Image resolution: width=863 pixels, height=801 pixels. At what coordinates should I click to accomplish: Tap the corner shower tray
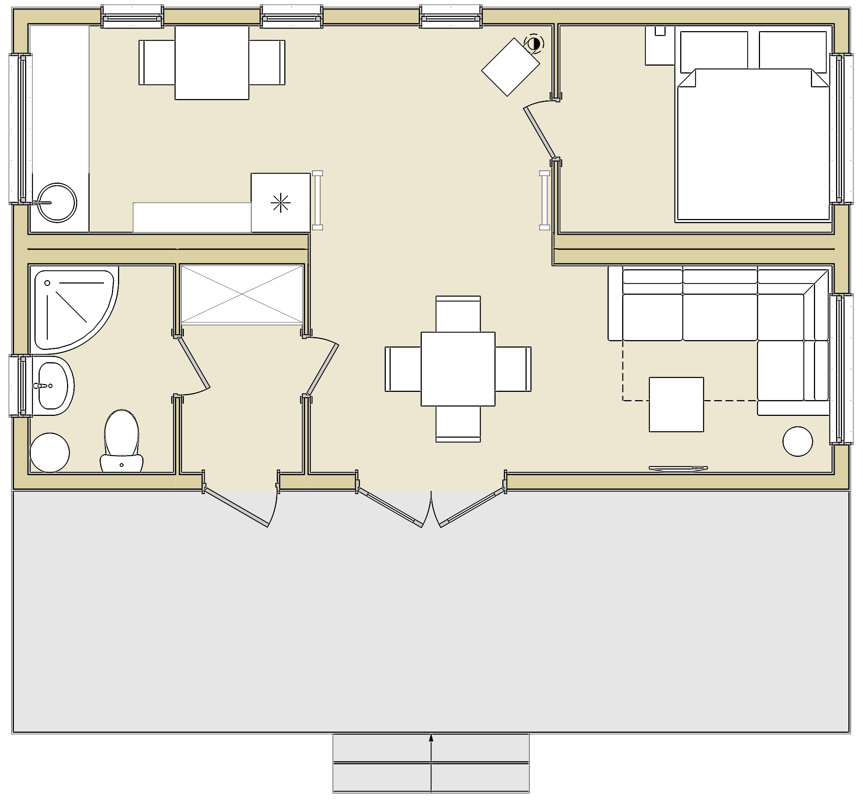click(x=69, y=308)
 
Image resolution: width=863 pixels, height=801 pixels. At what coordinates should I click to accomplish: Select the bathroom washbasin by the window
click(x=53, y=386)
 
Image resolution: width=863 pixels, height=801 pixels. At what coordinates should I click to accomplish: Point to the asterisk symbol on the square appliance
click(x=281, y=202)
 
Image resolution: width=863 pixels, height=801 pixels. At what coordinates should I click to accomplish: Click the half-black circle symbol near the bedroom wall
click(x=533, y=44)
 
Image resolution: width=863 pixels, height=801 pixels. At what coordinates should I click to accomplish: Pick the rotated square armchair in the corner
click(x=511, y=67)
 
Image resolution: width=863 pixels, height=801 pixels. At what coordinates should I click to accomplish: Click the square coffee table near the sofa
click(x=676, y=404)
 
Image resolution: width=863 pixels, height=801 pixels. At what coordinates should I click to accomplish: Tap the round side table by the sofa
click(x=797, y=441)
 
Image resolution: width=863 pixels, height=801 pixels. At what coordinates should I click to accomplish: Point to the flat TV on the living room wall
click(x=678, y=468)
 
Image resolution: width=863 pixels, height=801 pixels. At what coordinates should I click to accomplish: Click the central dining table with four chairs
click(x=458, y=369)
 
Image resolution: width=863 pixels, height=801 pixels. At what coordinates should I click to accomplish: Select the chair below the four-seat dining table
click(x=458, y=424)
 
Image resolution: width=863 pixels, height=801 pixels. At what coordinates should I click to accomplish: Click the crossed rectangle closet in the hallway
click(x=242, y=294)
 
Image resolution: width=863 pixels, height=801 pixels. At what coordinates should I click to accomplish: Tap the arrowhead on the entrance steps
click(x=431, y=737)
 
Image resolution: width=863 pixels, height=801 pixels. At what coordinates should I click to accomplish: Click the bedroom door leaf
click(x=539, y=133)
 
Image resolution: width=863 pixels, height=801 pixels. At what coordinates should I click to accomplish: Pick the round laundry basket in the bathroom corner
click(x=50, y=452)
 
